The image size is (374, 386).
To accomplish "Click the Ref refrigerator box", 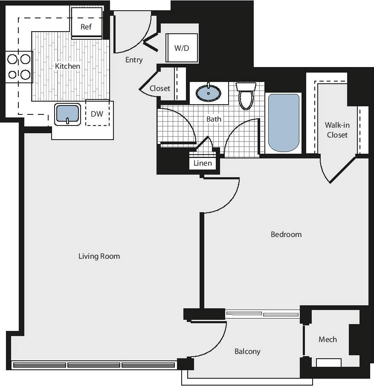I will (x=86, y=26).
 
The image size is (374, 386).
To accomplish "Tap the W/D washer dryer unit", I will (x=182, y=48).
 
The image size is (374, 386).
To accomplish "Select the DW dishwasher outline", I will (x=97, y=114).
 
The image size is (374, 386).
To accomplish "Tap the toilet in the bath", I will (x=246, y=96).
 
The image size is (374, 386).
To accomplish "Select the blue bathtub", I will (x=284, y=123).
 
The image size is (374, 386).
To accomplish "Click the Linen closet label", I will (x=203, y=164).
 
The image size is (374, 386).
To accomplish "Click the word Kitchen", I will (x=67, y=66).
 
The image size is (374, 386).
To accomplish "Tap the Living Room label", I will (x=99, y=256).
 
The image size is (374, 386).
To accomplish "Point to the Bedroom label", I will (x=286, y=234).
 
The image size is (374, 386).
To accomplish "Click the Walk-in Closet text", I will (x=337, y=130).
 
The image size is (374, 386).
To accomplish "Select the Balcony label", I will (x=247, y=351).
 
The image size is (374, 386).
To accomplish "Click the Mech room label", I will (x=328, y=339).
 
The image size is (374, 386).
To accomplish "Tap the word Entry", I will (x=134, y=60).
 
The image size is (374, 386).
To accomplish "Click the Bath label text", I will (x=214, y=119).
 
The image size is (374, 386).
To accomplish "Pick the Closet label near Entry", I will (x=160, y=89).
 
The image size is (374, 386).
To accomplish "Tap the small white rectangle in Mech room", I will (x=328, y=363).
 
